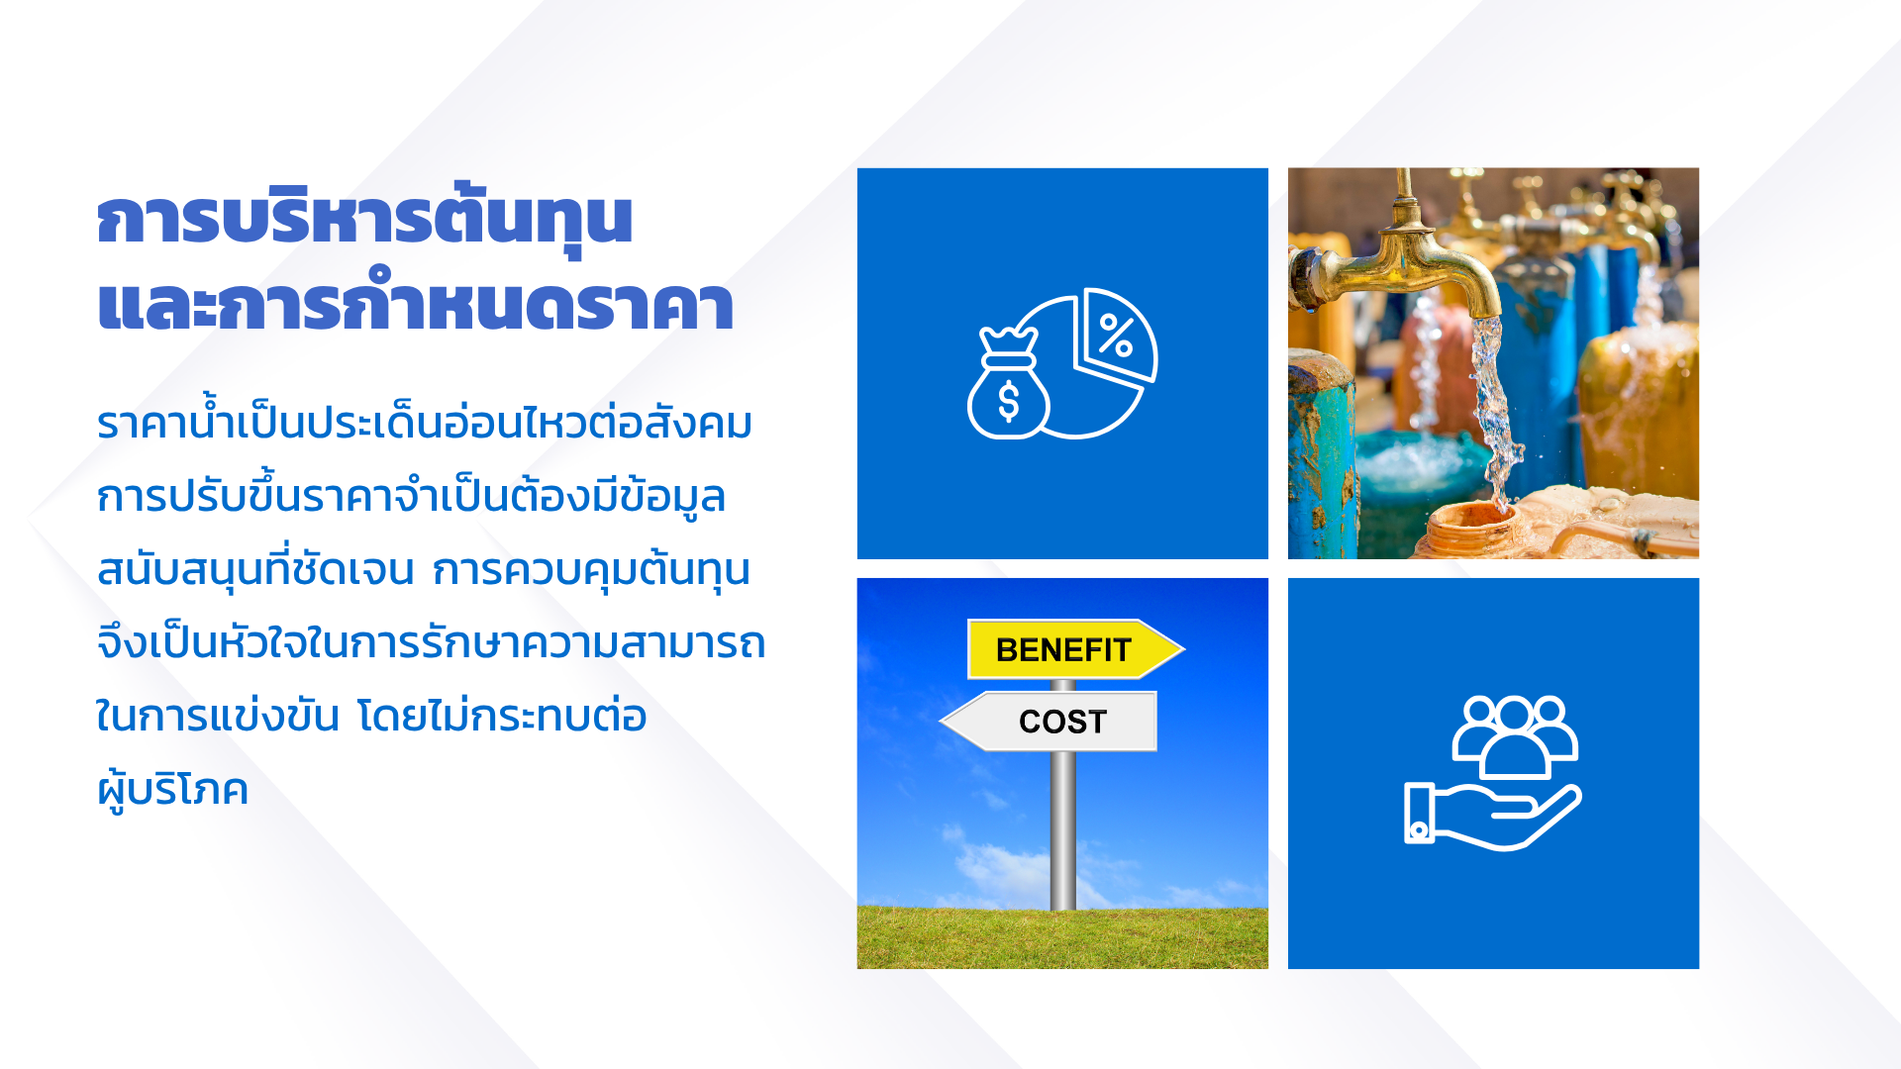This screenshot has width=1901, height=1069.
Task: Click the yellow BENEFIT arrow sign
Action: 1075,649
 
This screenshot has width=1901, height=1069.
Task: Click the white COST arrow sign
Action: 1049,721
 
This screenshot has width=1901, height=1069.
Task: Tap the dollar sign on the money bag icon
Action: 1008,402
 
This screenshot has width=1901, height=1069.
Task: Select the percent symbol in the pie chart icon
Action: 1116,335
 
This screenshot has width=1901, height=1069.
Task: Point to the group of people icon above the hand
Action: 1515,737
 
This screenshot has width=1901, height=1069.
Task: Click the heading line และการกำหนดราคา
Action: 416,302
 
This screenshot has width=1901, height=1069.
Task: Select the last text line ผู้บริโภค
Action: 172,790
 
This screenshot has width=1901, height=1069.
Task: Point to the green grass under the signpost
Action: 1062,937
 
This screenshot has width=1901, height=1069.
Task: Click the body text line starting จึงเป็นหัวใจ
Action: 431,643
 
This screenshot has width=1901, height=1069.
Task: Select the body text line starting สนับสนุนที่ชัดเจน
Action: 424,570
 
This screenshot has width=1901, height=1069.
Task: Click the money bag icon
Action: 1008,384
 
